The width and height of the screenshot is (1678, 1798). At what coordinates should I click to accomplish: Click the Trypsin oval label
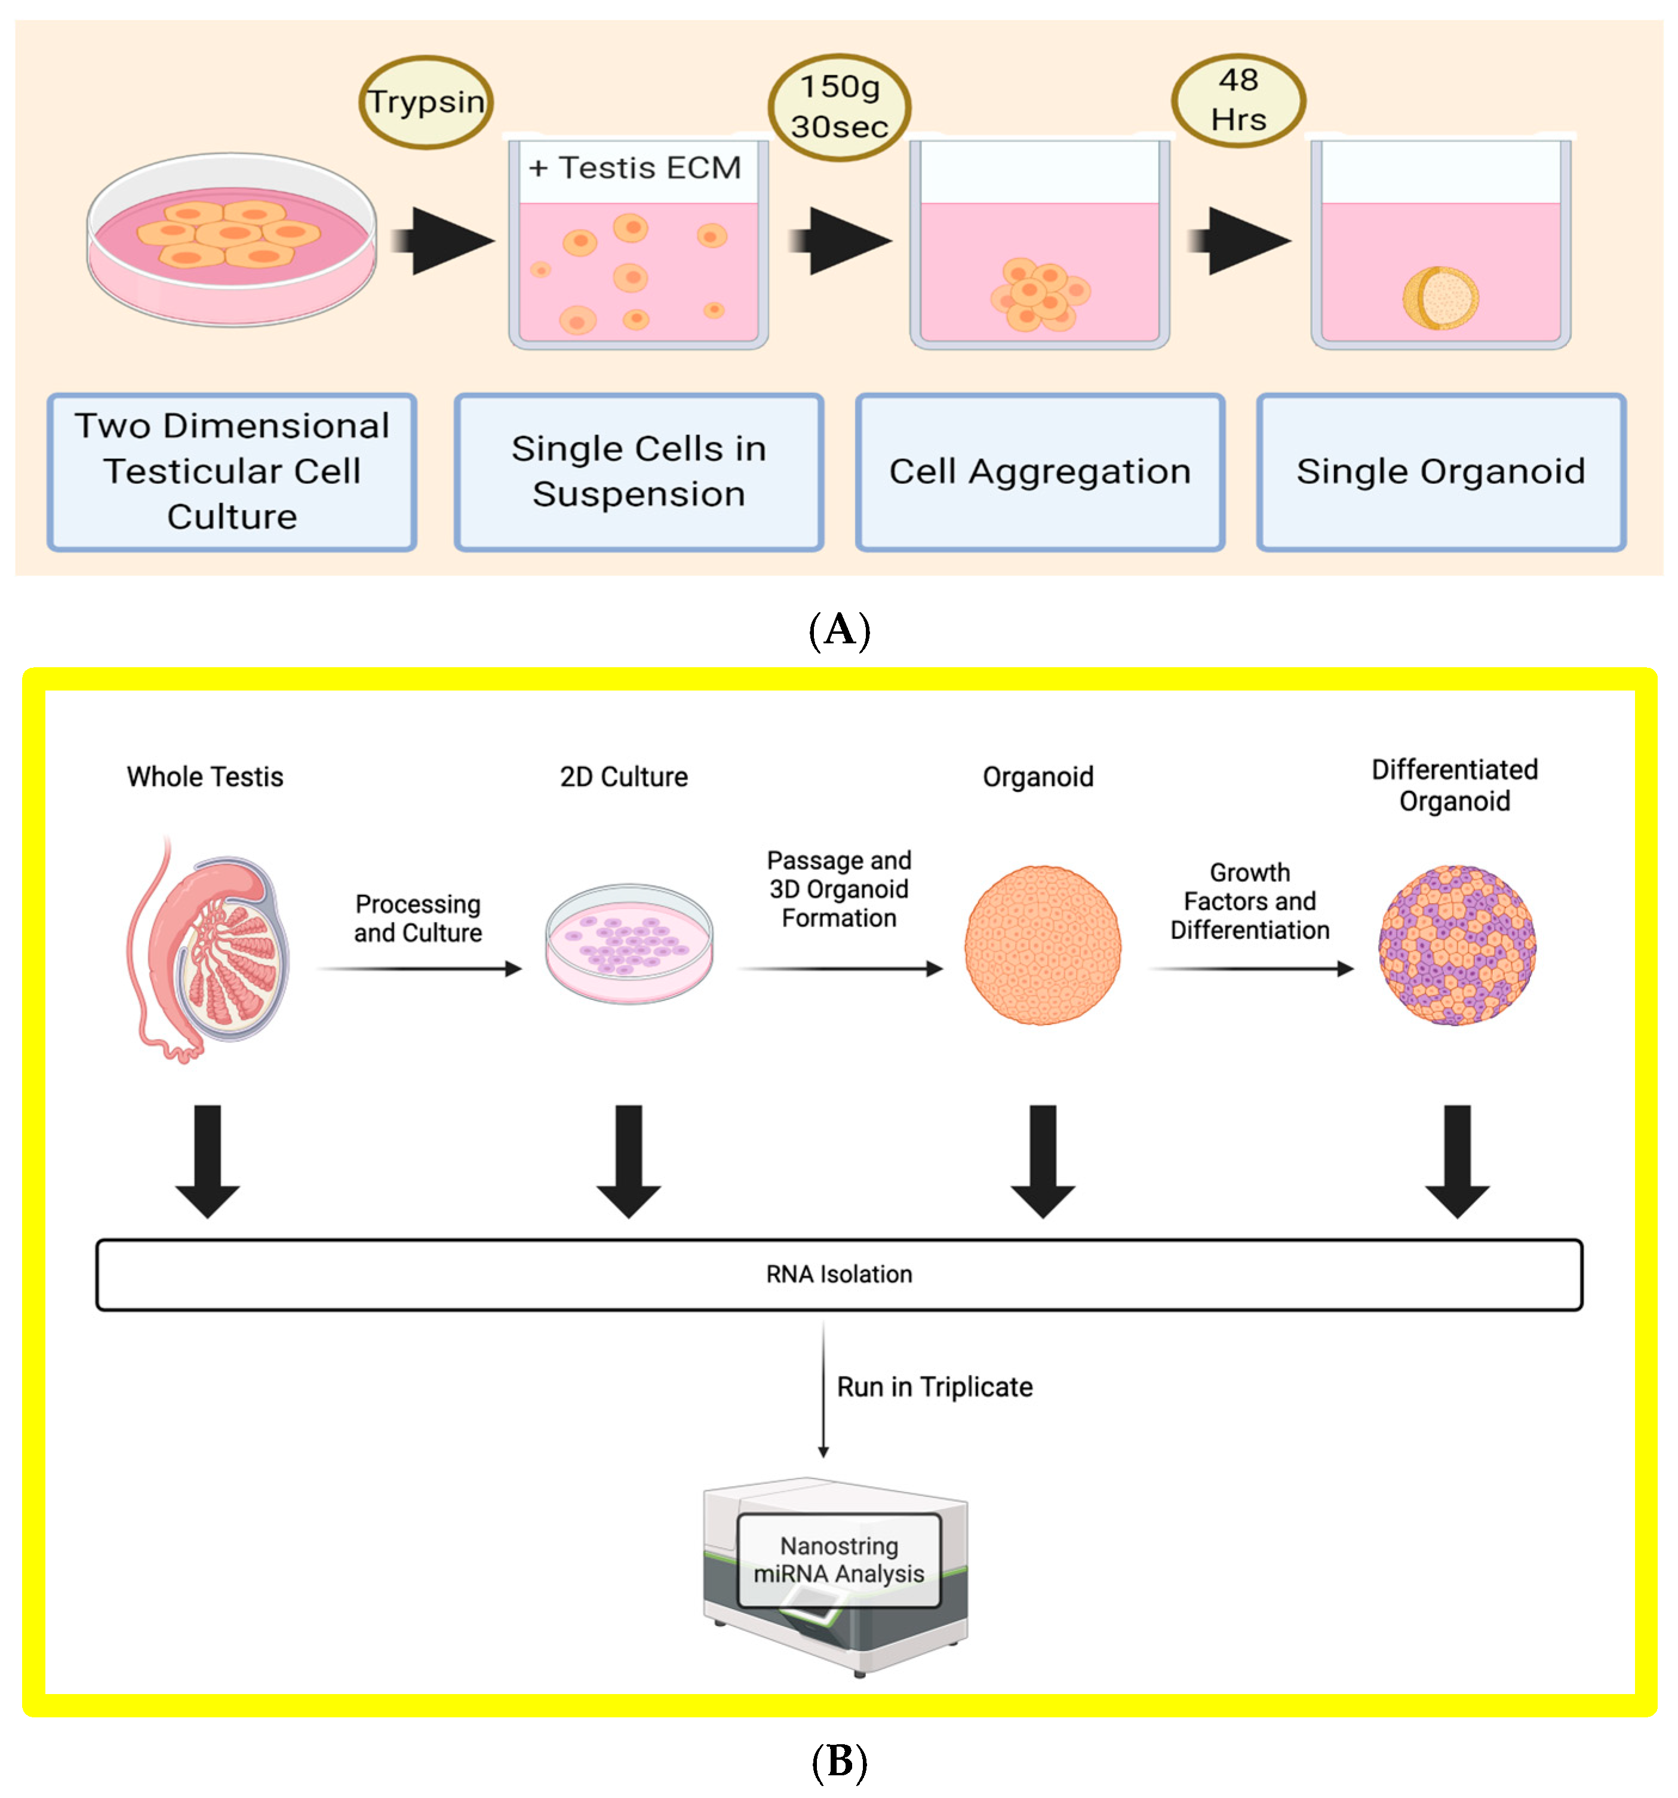tap(426, 102)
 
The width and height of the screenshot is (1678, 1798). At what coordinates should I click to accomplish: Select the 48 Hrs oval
tap(1238, 100)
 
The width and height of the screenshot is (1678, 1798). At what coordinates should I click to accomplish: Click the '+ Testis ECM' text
tap(635, 168)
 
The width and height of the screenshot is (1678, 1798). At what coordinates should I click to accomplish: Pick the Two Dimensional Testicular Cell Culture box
tap(232, 471)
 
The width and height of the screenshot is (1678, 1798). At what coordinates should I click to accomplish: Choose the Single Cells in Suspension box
tap(638, 471)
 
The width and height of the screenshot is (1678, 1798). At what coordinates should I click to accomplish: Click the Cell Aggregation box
tap(1040, 471)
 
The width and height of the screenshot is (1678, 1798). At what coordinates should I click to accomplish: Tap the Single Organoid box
tap(1440, 471)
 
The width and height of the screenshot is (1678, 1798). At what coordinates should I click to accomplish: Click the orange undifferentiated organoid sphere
tap(1043, 945)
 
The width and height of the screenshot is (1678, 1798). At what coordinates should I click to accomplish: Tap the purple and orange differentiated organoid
tap(1456, 945)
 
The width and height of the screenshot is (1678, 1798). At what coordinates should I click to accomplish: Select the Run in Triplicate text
tap(934, 1388)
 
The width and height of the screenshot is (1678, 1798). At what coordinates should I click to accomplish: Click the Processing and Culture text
tap(417, 918)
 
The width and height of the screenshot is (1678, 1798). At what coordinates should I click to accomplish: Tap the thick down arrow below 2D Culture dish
tap(628, 1161)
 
